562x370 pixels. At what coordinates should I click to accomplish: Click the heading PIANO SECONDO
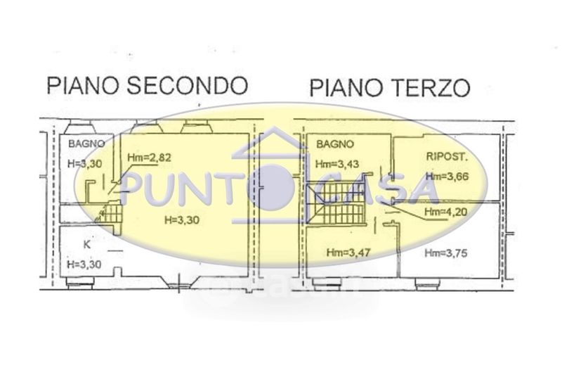click(147, 86)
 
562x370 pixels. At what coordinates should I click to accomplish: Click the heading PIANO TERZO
click(389, 88)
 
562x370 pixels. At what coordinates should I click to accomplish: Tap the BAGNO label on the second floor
click(86, 143)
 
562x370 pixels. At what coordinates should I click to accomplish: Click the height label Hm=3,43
click(337, 164)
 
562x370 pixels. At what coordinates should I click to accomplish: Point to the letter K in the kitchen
click(87, 245)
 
